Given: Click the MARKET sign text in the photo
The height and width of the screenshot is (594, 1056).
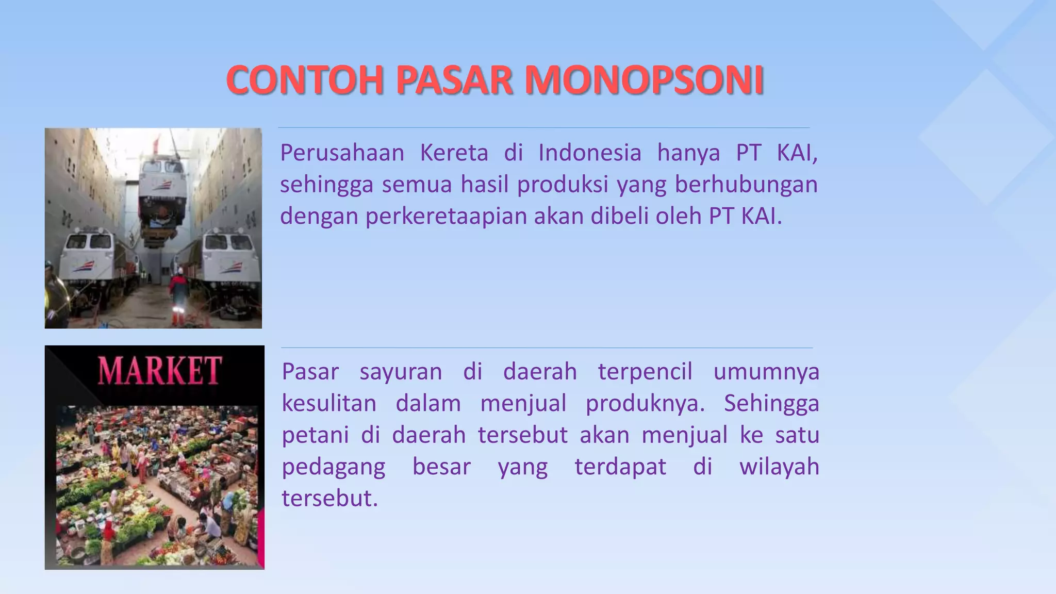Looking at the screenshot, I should pos(160,371).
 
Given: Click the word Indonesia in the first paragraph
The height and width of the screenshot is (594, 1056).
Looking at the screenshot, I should pos(590,153).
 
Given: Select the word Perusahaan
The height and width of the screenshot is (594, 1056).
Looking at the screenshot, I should pos(342,153).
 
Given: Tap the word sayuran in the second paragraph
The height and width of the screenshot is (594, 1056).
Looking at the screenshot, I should pos(401,372).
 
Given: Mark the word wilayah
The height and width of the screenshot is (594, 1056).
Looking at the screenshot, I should pos(779,467).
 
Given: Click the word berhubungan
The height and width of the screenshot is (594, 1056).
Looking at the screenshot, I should pos(746,185).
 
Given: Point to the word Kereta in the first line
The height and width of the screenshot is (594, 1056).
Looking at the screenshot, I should pos(454,153).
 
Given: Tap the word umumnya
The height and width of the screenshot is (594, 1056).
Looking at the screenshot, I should pos(766,372).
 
